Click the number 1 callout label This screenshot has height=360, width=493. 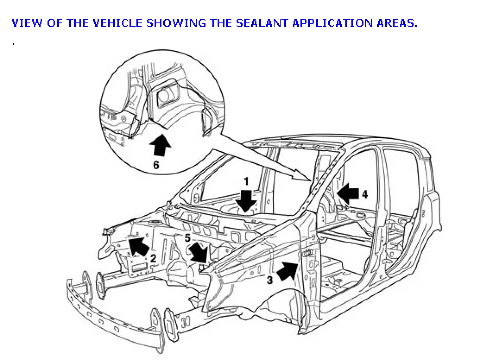click(246, 182)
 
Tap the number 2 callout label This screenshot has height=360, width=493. click(153, 259)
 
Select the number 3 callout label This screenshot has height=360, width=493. click(269, 280)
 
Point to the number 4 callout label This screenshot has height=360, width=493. click(365, 195)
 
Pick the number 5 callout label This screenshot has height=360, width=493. click(187, 237)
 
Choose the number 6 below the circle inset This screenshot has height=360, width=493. click(156, 164)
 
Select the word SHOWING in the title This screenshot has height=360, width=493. click(176, 23)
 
